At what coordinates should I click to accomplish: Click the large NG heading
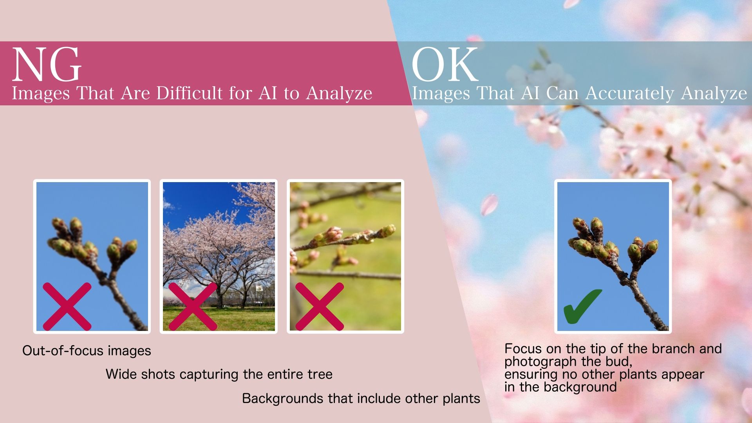tap(47, 64)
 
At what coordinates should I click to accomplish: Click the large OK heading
tap(445, 64)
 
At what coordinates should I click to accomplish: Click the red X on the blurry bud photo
tap(67, 306)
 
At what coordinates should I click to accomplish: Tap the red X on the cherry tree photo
tap(193, 306)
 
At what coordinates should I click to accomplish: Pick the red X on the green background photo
tap(320, 306)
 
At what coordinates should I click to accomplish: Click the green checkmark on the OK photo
tap(582, 306)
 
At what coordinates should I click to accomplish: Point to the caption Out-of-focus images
tap(87, 350)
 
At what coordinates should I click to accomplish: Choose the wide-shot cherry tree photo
tap(219, 257)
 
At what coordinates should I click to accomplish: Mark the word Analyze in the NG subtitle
tap(339, 93)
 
